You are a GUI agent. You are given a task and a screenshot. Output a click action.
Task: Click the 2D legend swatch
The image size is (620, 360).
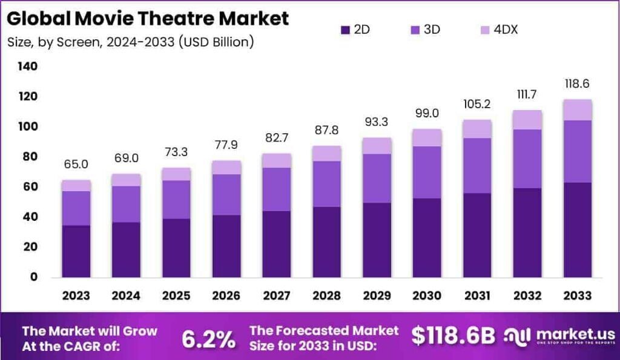coord(346,29)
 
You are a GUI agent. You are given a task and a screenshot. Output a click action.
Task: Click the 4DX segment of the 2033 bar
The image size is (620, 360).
coord(577,110)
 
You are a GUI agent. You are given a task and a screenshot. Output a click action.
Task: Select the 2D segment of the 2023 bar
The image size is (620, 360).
coord(76,251)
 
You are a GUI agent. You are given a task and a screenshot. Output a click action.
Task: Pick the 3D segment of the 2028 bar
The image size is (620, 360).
coord(326,184)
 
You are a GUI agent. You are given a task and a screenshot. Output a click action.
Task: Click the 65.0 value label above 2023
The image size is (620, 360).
coord(76,164)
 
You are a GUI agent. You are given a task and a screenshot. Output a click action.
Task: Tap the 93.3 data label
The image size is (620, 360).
coord(377,122)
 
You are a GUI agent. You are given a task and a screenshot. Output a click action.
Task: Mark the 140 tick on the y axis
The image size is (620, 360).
coord(27,66)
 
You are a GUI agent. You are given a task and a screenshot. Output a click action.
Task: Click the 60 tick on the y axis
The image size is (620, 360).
coord(30,187)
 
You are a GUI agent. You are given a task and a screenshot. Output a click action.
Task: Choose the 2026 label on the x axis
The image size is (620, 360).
coord(226,296)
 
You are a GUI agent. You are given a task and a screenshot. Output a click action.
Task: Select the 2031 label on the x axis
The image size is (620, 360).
coord(477,296)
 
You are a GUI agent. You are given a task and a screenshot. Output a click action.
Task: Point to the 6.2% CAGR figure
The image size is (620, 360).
coord(209,339)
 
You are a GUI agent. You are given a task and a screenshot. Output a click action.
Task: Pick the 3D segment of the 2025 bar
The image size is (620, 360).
coord(176,199)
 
